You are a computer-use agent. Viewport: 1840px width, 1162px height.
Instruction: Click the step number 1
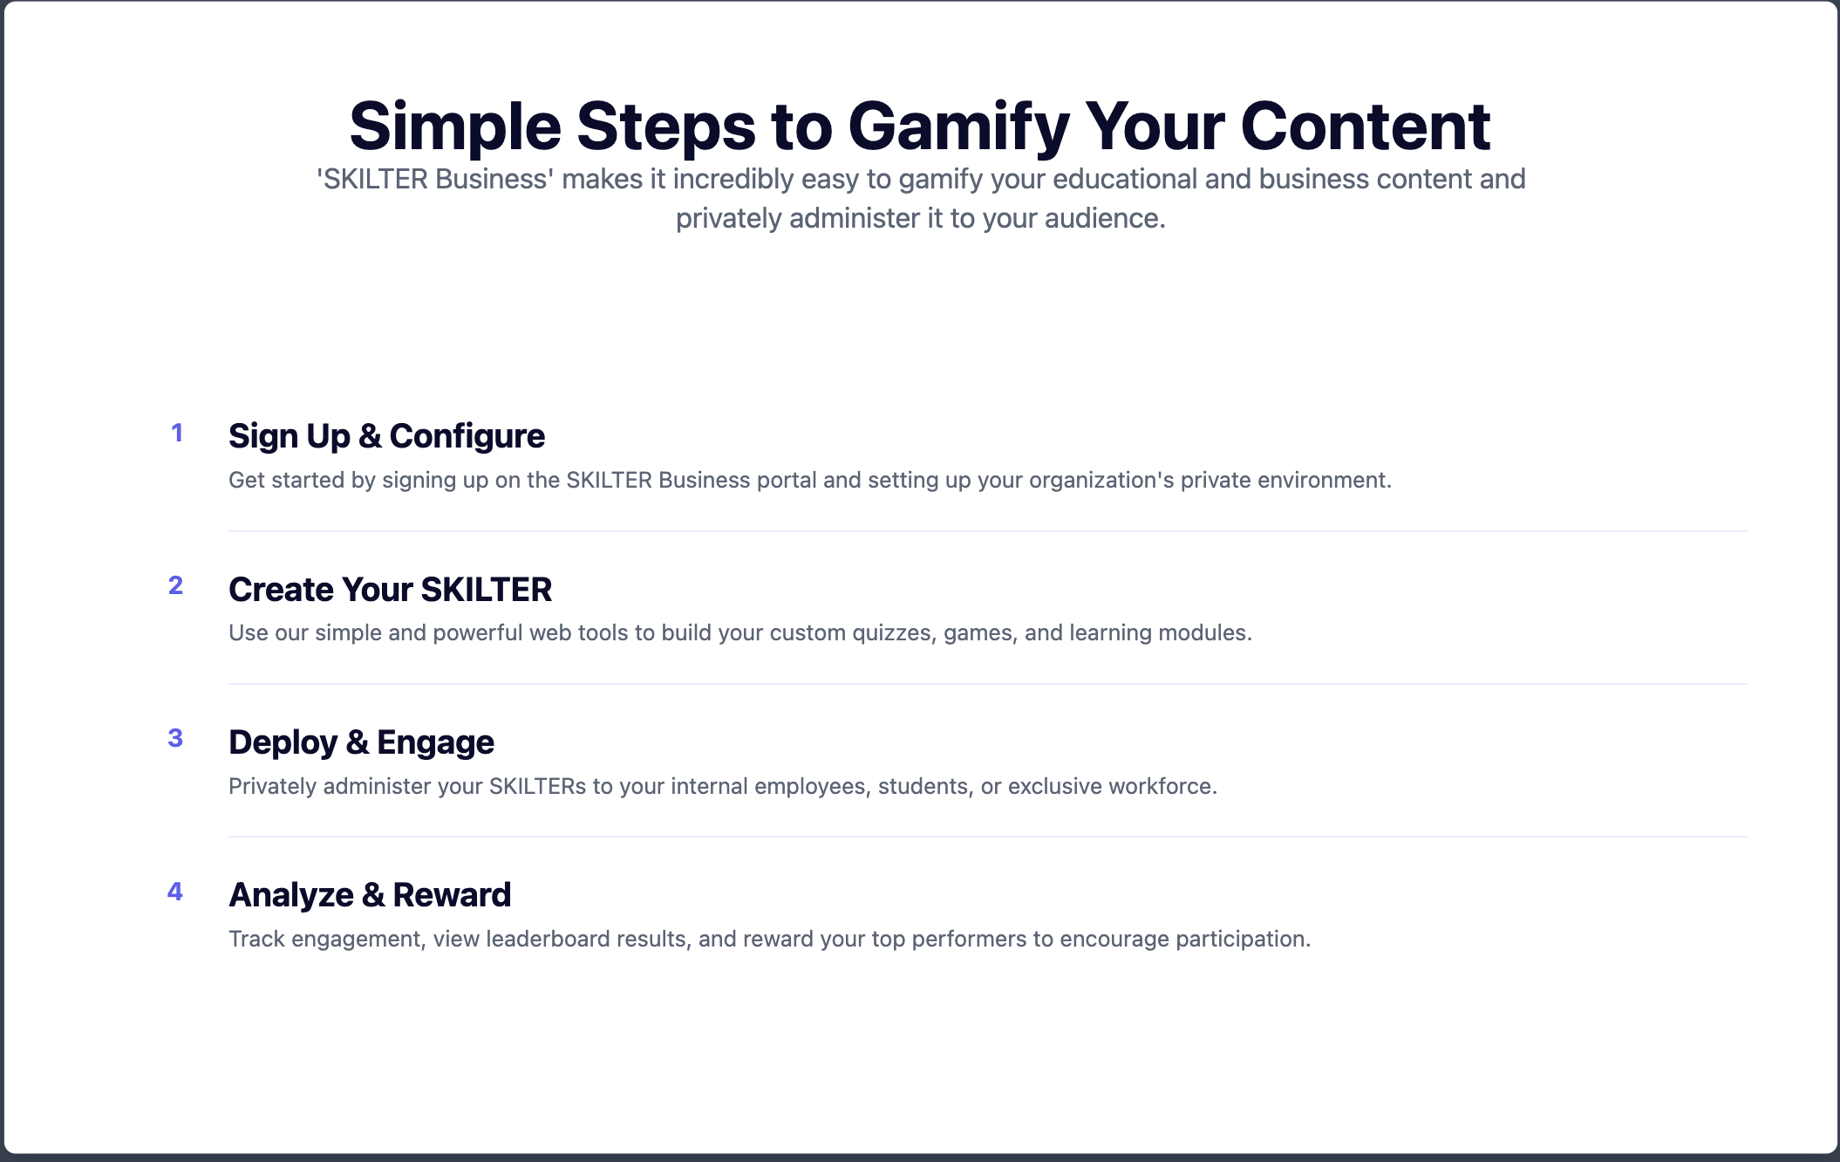177,433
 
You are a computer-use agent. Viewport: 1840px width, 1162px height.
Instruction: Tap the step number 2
176,585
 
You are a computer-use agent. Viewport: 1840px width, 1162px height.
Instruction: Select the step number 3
175,738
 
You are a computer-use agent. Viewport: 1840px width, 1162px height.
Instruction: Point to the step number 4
175,892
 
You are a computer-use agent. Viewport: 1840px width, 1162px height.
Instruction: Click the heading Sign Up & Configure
386,436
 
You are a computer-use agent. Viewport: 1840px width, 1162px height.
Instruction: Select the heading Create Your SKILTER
390,590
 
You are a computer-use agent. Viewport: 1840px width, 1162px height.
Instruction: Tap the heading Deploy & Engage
361,742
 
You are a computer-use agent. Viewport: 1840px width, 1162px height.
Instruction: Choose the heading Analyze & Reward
370,895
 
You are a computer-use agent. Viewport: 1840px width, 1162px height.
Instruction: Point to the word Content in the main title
1366,126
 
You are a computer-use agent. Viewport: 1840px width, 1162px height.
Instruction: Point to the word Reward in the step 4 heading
452,895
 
